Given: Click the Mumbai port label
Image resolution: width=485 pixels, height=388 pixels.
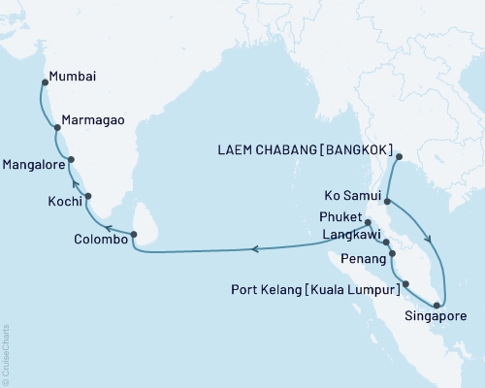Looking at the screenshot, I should coord(77,74).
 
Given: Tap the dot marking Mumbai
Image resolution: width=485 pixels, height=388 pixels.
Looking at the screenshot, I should coord(45,83).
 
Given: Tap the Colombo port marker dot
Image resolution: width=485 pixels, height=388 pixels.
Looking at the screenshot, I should coord(134,234).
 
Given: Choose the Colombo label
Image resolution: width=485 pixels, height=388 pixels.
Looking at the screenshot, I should coord(100,239).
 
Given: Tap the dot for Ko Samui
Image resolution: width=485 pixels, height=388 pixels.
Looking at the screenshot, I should coord(387,202).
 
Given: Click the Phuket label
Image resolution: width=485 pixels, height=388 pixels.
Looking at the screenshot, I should coord(339,216).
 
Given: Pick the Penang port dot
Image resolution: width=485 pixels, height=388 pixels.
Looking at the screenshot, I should coord(392,256).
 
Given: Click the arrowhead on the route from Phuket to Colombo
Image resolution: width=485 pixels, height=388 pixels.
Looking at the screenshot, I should coord(255,249).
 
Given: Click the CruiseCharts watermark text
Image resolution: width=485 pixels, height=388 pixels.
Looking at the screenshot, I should coord(7,354).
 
